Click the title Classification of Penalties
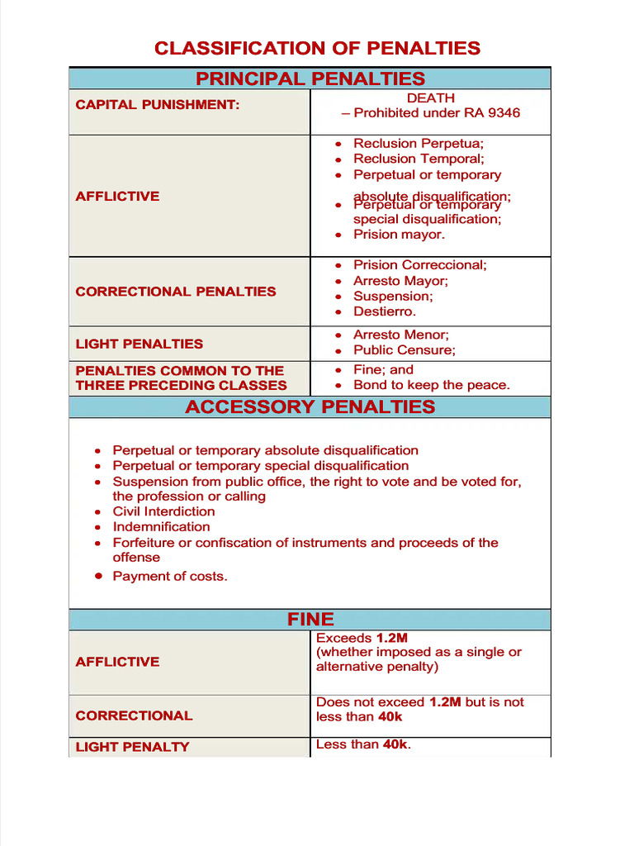click(317, 48)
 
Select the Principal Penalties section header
click(310, 79)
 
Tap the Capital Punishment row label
click(158, 105)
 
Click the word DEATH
click(430, 98)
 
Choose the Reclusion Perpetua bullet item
click(419, 144)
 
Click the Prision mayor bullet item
click(399, 235)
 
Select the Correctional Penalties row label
click(176, 292)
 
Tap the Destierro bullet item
click(385, 311)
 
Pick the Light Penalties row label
click(139, 344)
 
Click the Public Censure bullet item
click(404, 350)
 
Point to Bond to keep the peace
click(432, 385)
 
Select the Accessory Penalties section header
click(310, 406)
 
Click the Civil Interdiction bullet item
click(163, 511)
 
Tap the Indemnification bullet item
click(161, 527)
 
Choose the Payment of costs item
click(169, 577)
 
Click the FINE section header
click(310, 620)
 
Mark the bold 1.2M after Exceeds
click(392, 639)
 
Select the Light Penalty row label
click(132, 747)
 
